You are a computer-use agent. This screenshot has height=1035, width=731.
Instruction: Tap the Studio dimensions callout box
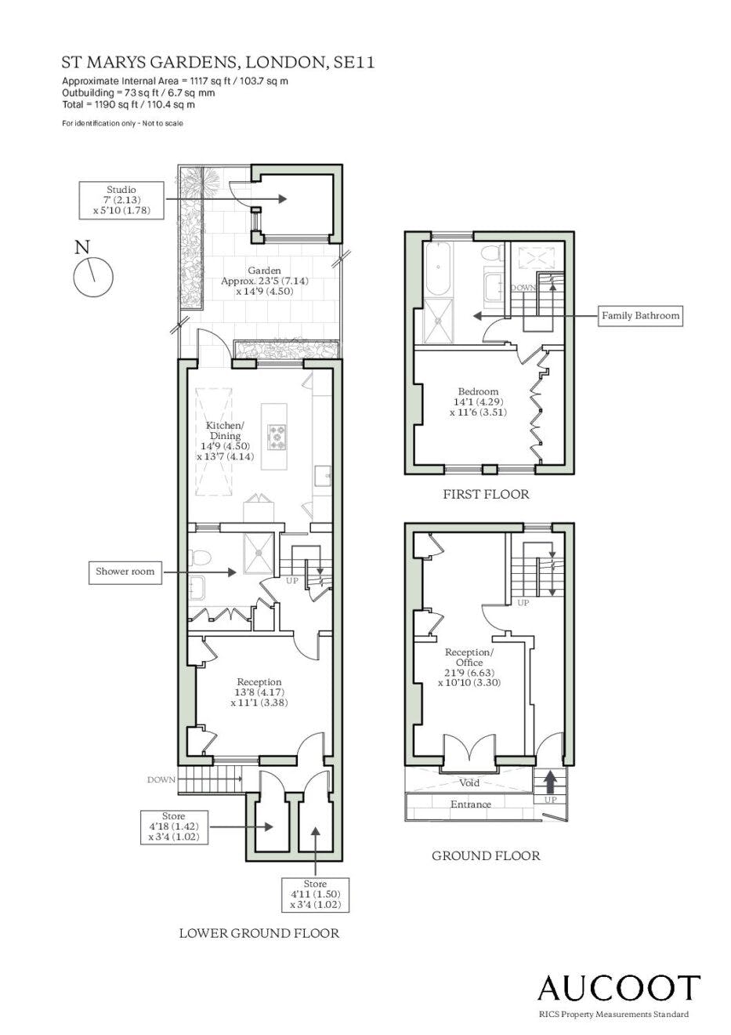[x=121, y=200]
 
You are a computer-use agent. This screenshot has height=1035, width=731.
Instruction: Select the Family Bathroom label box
[x=640, y=316]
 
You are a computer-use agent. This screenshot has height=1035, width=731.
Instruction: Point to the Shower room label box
[x=125, y=572]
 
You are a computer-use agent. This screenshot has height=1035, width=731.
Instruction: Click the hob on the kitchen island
[x=277, y=437]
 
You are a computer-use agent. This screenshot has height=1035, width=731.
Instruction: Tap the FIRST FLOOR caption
[x=486, y=495]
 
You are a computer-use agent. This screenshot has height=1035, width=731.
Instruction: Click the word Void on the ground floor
[x=469, y=783]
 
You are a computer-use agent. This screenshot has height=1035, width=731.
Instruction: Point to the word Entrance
[x=471, y=804]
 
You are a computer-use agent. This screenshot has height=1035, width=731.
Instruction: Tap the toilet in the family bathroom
[x=492, y=253]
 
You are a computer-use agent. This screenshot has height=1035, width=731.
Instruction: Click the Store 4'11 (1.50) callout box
[x=316, y=894]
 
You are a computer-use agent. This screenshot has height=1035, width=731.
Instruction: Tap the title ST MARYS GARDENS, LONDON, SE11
[x=218, y=63]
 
